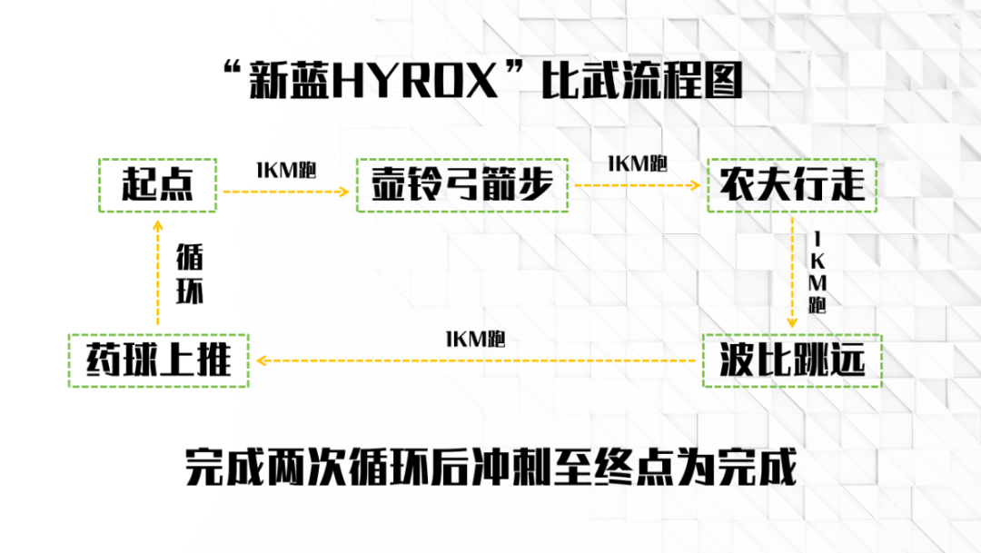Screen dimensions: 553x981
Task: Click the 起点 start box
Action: [x=157, y=186]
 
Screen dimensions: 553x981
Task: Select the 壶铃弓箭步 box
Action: [x=462, y=186]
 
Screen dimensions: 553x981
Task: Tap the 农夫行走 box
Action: [x=791, y=186]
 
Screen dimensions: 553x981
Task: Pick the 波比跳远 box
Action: [x=791, y=361]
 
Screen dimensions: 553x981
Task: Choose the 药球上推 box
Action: [x=159, y=361]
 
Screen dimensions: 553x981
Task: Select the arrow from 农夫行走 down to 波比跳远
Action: [x=793, y=272]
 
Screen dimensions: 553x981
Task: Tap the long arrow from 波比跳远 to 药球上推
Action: [x=477, y=360]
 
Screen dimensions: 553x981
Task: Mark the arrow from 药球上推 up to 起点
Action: [x=157, y=272]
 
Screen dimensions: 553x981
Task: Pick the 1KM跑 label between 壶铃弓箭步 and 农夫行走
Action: [x=637, y=163]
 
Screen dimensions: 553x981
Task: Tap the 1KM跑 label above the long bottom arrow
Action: [x=475, y=340]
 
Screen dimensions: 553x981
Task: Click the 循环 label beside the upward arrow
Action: [x=190, y=272]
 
